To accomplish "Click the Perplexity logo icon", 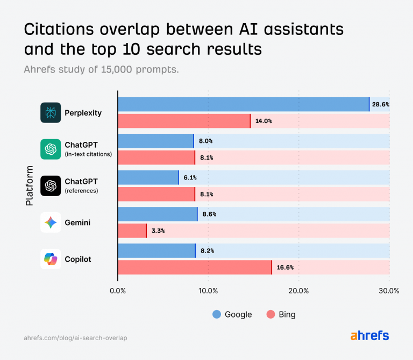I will coord(51,113).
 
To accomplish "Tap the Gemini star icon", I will coord(51,222).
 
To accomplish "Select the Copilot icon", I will coord(51,259).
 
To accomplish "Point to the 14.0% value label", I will coord(264,121).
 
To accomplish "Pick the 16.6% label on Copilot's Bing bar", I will coord(284,267).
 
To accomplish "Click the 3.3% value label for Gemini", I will coord(158,231).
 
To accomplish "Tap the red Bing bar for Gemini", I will coord(132,231).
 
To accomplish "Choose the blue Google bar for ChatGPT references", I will coord(148,177).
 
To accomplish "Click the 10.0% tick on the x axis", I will coord(208,291).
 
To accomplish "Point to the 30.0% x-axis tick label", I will coord(389,291).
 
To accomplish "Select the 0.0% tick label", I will coord(118,291).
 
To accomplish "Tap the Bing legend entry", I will coord(281,314).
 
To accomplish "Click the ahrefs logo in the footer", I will coord(369,336).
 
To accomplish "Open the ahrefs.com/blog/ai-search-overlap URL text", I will coord(75,338).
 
